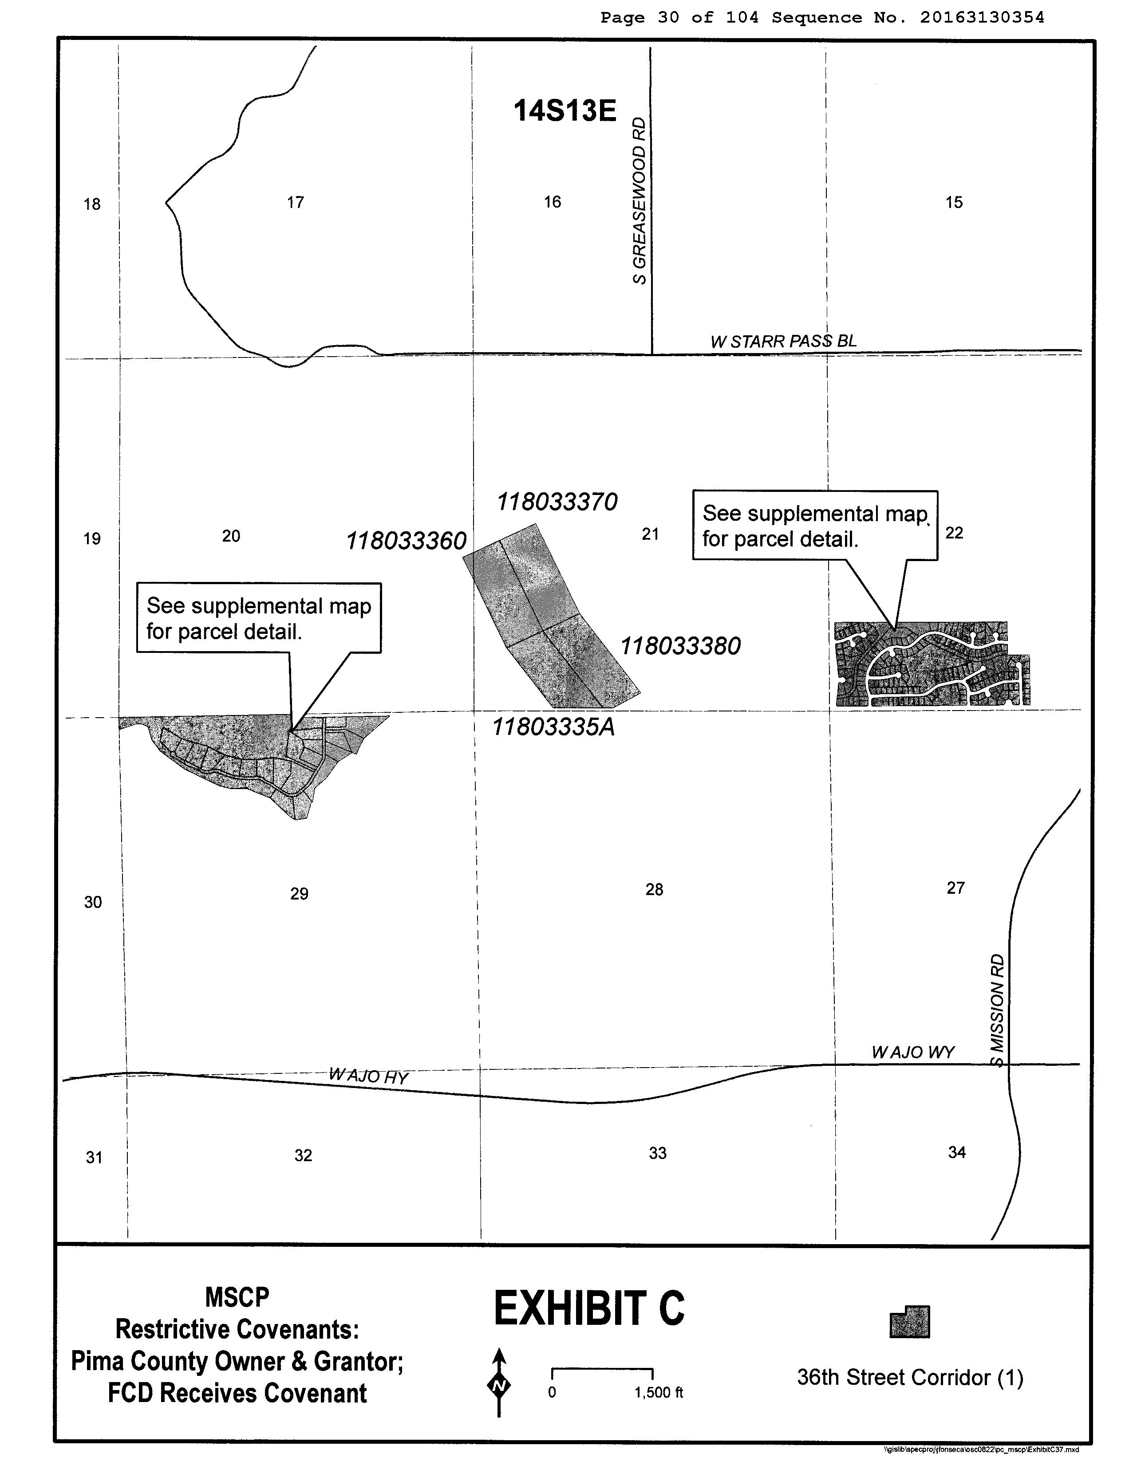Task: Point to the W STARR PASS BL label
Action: point(783,341)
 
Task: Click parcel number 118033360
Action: point(406,541)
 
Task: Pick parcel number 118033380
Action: point(680,646)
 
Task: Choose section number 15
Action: point(953,202)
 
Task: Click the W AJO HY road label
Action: point(368,1076)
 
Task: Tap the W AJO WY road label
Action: point(912,1052)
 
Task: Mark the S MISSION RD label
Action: point(997,1009)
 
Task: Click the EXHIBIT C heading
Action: point(588,1309)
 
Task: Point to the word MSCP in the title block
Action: point(237,1297)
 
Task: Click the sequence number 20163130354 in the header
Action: point(982,18)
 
